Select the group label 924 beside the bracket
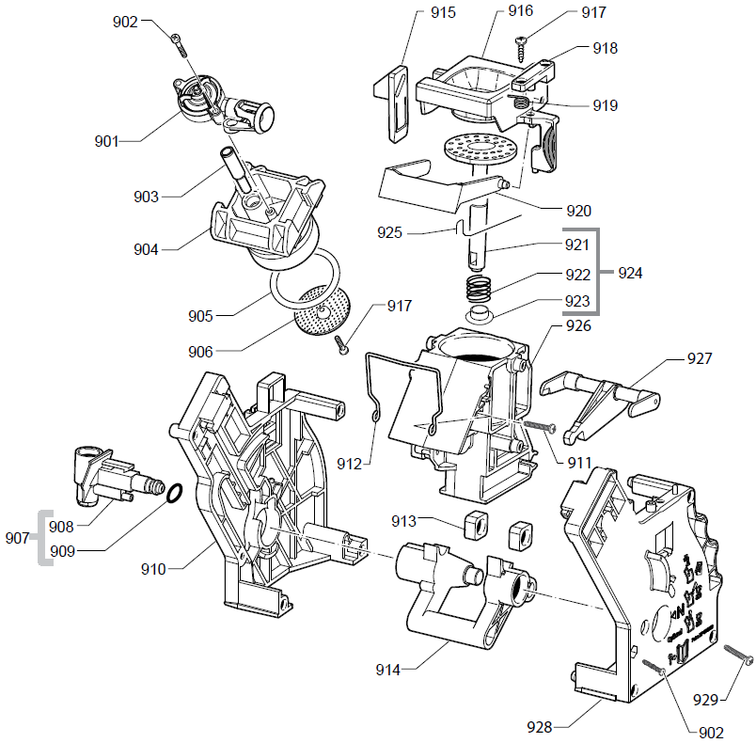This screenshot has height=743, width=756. [632, 274]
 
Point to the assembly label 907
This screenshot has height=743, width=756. [17, 539]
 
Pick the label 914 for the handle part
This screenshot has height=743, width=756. [387, 670]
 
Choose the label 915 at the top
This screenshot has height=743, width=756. [442, 13]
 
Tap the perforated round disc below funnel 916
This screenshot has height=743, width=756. [477, 148]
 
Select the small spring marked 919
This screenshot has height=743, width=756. [520, 102]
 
